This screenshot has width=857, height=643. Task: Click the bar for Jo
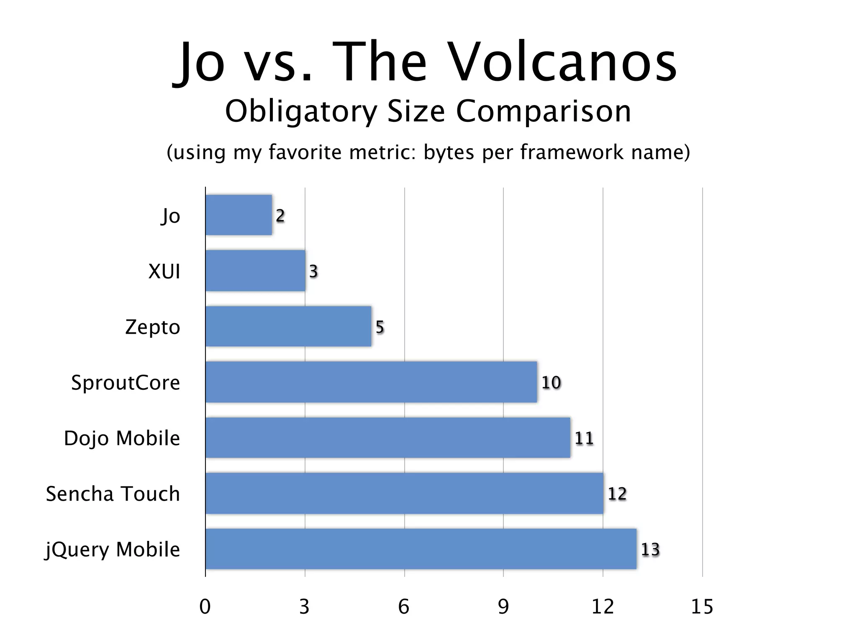[x=239, y=215]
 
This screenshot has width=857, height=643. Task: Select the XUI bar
[x=255, y=270]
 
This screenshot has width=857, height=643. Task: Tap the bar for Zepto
[x=288, y=326]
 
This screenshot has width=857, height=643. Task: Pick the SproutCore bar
[x=371, y=382]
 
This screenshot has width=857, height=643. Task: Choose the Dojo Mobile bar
[x=388, y=437]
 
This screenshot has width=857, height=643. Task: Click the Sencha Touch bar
[x=404, y=493]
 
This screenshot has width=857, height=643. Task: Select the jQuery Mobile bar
[x=421, y=549]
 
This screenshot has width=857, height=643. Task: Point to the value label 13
[x=650, y=549]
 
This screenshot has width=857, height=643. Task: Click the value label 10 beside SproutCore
[x=551, y=382]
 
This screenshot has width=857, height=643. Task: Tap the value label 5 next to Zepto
[x=380, y=327]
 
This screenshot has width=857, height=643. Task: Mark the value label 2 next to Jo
[x=280, y=216]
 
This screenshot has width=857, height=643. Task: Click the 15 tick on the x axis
[x=702, y=607]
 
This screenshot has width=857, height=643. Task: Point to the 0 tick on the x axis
[x=205, y=607]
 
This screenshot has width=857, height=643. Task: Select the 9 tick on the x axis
[x=503, y=607]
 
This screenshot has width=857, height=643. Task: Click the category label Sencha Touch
[x=113, y=494]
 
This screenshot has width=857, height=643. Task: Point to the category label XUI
[x=164, y=271]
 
